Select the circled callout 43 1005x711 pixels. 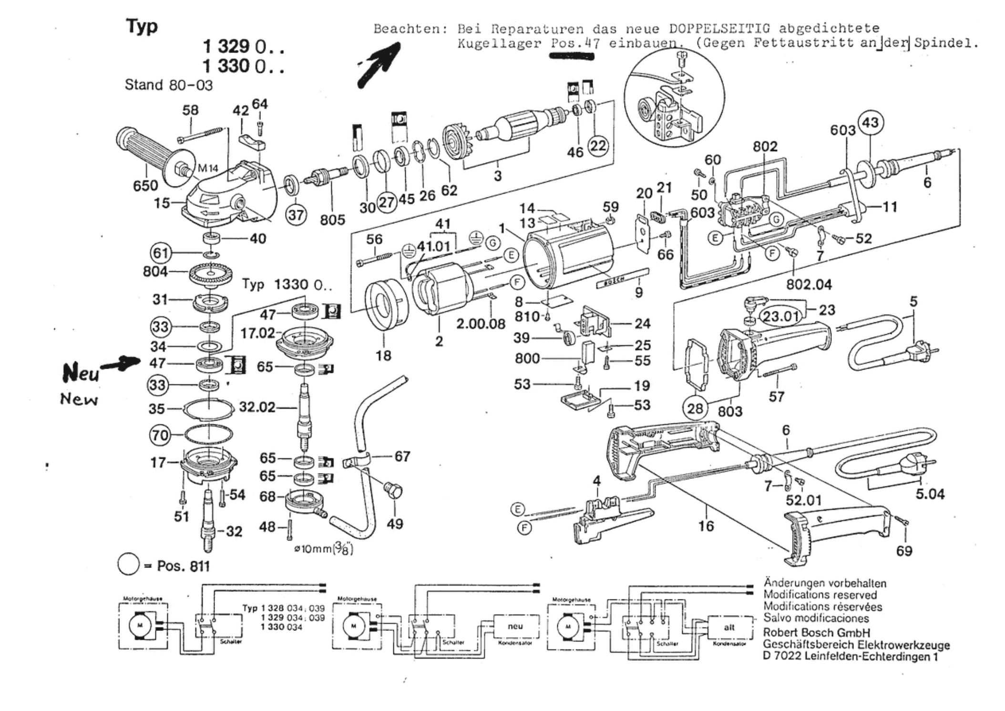tap(870, 123)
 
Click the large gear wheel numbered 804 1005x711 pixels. tap(210, 275)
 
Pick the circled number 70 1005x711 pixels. tap(160, 435)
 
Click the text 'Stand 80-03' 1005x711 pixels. tap(168, 85)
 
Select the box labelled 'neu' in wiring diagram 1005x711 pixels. tap(515, 627)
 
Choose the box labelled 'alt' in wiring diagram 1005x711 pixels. tap(729, 628)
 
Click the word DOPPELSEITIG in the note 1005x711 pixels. tap(719, 29)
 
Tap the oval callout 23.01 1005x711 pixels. tap(781, 316)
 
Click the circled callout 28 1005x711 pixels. tap(695, 408)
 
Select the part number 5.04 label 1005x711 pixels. tap(930, 494)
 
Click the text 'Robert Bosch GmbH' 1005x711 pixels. tap(816, 633)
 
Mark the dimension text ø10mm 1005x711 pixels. tap(313, 549)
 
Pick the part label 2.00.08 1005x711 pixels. tap(481, 324)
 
